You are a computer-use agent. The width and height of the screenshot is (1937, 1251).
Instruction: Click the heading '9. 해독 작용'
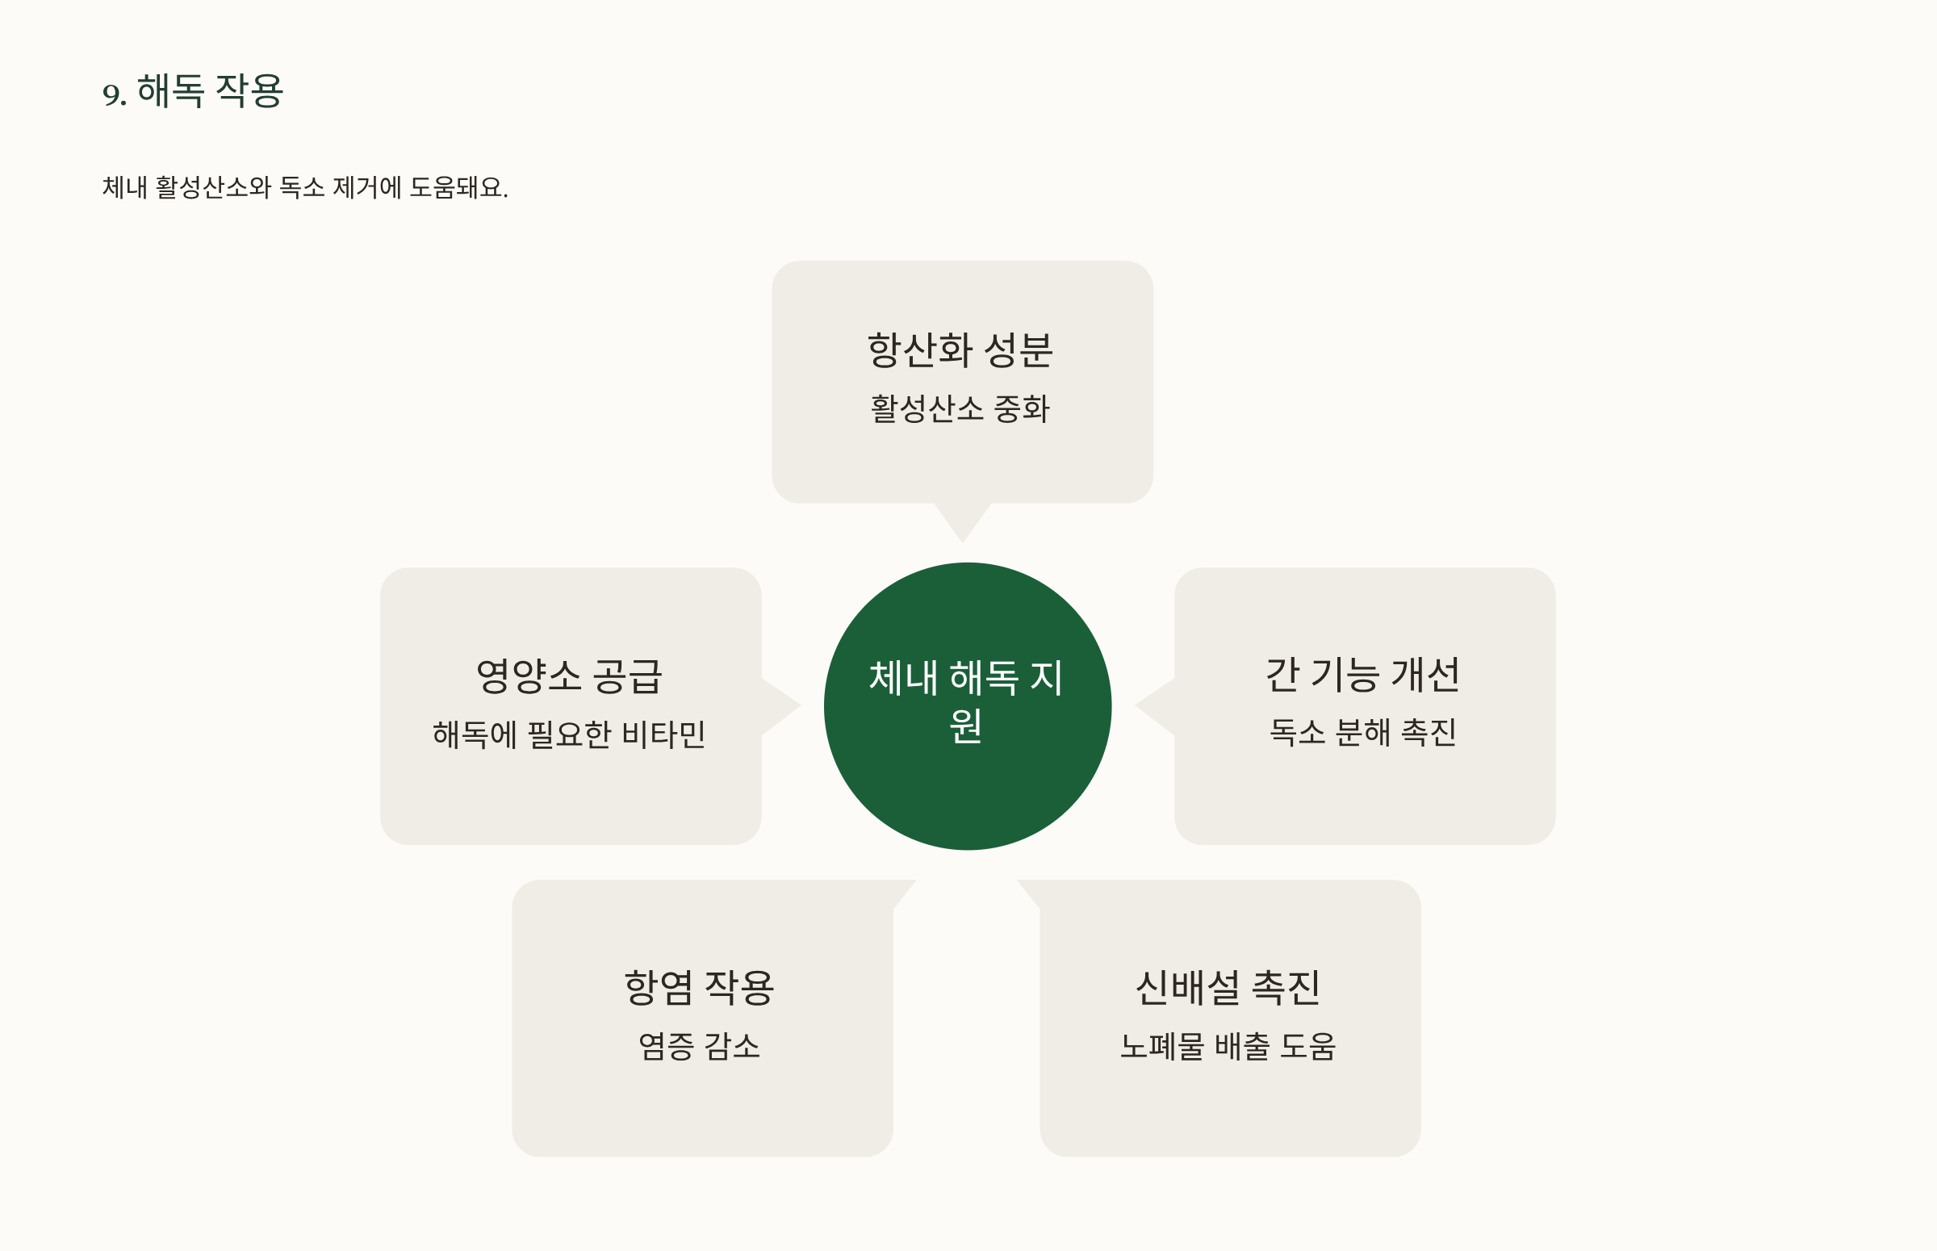(x=193, y=91)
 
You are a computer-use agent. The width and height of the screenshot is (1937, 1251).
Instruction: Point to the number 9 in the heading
(x=111, y=94)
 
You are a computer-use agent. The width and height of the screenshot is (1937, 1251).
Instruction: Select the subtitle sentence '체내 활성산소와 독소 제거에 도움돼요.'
(x=304, y=187)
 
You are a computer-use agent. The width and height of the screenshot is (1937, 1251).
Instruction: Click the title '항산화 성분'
(x=960, y=351)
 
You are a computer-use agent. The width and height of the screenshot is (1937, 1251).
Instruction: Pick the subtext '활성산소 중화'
(x=960, y=408)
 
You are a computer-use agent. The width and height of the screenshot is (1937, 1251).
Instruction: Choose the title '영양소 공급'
(x=569, y=676)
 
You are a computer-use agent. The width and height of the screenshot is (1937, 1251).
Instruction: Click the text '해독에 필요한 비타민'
(x=569, y=734)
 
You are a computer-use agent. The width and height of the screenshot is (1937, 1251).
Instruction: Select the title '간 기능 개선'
(x=1363, y=675)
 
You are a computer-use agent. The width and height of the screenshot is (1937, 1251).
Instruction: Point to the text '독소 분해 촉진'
(x=1363, y=733)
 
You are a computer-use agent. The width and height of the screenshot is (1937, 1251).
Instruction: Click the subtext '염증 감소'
(x=699, y=1046)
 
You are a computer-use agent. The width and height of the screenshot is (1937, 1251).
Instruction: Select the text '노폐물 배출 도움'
(x=1228, y=1046)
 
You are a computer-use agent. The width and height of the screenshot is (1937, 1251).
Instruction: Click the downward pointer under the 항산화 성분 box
(x=962, y=520)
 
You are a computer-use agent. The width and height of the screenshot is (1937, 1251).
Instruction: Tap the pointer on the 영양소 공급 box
(x=778, y=706)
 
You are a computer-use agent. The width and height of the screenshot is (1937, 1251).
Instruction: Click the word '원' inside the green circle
(x=965, y=726)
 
